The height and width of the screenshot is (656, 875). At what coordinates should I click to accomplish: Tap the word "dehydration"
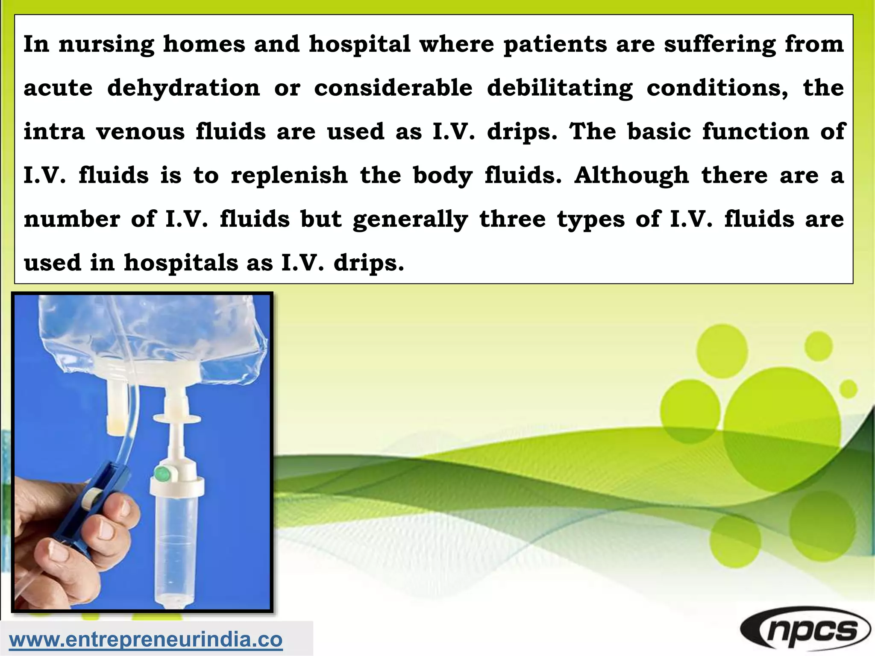point(183,88)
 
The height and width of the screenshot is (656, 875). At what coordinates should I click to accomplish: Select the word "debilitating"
point(559,88)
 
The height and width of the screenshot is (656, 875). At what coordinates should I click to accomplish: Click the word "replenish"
point(289,176)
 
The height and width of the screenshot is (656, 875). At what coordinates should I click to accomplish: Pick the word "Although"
point(631,176)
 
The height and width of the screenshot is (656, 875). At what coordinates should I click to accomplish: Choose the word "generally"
point(410,220)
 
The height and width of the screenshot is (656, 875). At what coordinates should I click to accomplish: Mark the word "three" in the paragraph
point(512,219)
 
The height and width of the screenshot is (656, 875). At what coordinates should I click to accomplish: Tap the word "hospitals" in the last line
point(181,263)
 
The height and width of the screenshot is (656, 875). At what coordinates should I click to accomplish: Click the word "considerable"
point(393,88)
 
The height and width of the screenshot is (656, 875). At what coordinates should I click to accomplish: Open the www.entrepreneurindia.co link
point(146,639)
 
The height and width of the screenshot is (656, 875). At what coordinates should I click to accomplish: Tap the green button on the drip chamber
point(161,474)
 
